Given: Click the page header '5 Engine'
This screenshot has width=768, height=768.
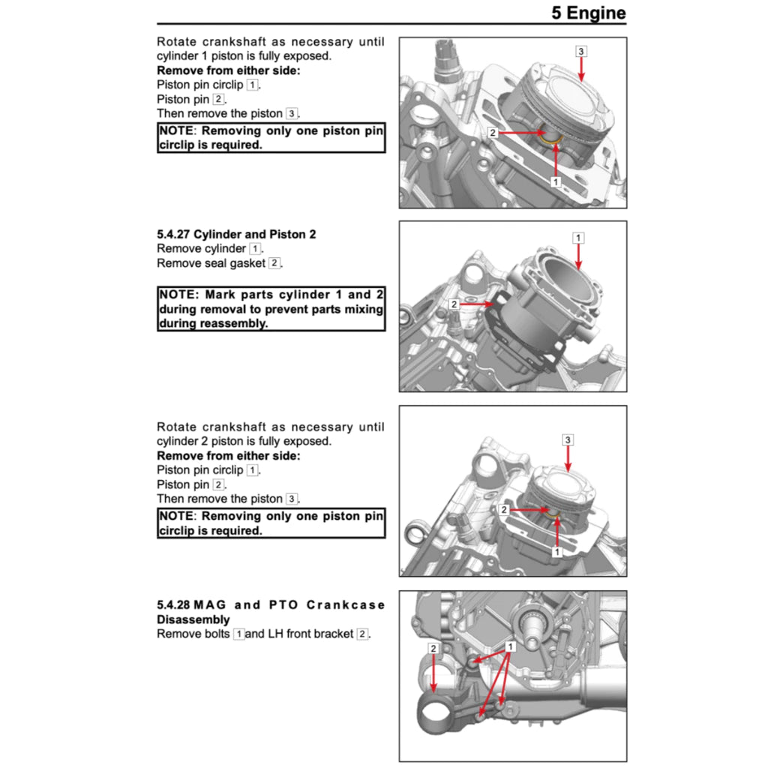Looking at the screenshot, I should click(588, 13).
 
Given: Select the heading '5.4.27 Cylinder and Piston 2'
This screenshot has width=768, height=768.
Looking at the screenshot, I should click(236, 234).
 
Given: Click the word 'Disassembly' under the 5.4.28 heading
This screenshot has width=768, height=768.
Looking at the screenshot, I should click(193, 619).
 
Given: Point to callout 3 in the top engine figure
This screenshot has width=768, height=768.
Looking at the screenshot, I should click(581, 51).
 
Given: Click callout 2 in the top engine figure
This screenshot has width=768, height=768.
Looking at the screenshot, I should click(493, 133).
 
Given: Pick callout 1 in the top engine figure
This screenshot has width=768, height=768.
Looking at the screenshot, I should click(555, 181).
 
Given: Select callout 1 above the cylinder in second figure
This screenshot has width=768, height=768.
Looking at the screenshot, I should click(578, 238).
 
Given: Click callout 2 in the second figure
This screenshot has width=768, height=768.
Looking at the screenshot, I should click(454, 304).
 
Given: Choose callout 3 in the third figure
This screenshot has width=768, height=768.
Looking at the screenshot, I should click(568, 439).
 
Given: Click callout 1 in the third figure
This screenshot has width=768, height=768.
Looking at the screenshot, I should click(556, 551).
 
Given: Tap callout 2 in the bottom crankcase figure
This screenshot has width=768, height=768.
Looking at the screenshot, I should click(433, 647).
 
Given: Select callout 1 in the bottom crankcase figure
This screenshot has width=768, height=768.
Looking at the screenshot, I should click(511, 646).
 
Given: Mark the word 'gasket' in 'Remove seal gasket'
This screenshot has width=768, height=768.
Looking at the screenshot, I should click(248, 263).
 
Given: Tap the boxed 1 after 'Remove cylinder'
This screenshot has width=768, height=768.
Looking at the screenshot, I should click(255, 248).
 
